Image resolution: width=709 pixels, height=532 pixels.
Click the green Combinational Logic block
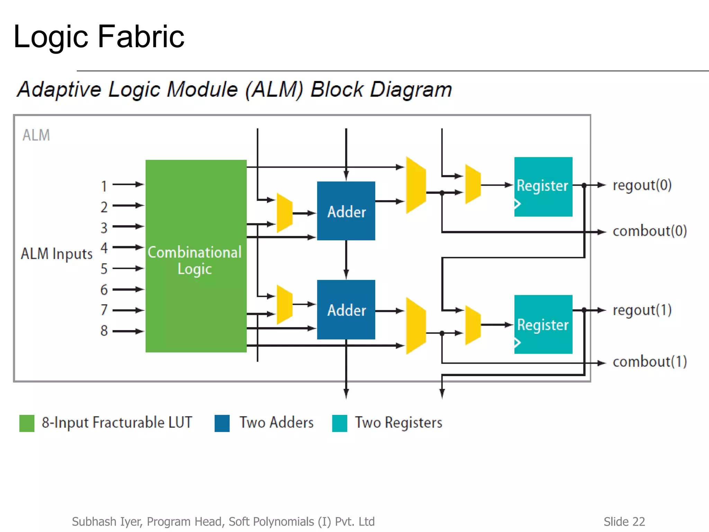click(196, 256)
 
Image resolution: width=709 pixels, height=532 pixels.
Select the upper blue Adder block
click(346, 211)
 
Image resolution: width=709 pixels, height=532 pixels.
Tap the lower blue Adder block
click(346, 309)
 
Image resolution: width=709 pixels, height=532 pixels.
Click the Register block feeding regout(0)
click(543, 187)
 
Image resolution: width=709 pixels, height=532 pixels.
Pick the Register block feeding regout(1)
click(543, 324)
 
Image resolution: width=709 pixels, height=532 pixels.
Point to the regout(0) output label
click(642, 185)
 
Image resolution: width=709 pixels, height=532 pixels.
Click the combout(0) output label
click(649, 231)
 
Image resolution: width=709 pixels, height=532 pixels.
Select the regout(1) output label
click(642, 310)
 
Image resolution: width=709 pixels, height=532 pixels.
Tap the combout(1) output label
click(649, 362)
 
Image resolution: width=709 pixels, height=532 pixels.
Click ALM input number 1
click(104, 186)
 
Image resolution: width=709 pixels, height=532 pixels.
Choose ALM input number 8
click(104, 331)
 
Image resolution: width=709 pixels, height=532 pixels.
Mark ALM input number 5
click(104, 269)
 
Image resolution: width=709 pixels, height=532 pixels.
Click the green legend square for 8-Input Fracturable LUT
click(27, 423)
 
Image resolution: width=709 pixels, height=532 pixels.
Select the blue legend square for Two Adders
click(222, 423)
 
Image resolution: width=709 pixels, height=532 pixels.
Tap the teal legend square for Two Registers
click(339, 423)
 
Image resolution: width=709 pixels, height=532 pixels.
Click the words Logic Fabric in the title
click(99, 36)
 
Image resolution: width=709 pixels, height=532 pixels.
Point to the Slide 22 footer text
click(624, 521)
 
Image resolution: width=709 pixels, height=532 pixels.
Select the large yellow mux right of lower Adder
click(416, 326)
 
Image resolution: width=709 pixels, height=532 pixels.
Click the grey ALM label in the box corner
click(36, 135)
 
